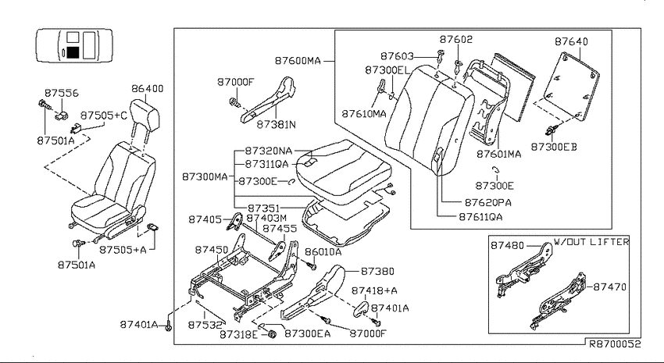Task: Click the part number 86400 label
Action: [x=147, y=89]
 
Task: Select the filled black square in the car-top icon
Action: [x=73, y=52]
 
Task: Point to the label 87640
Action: [x=571, y=41]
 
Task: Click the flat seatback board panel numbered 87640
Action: [x=571, y=87]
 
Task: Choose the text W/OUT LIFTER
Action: [x=591, y=242]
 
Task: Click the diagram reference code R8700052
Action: [x=616, y=344]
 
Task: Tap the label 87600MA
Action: [x=298, y=61]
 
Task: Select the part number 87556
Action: [x=62, y=93]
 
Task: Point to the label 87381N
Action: [x=276, y=124]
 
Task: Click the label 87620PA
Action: [x=487, y=203]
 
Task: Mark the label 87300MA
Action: [x=205, y=176]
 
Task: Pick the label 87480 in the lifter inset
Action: [x=507, y=245]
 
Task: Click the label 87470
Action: [x=609, y=286]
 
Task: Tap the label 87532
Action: [x=205, y=325]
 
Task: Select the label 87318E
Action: [x=238, y=334]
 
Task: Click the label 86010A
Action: [x=323, y=252]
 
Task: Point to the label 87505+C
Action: [x=104, y=116]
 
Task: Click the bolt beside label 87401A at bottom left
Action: [x=169, y=326]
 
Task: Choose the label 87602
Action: [x=456, y=39]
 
